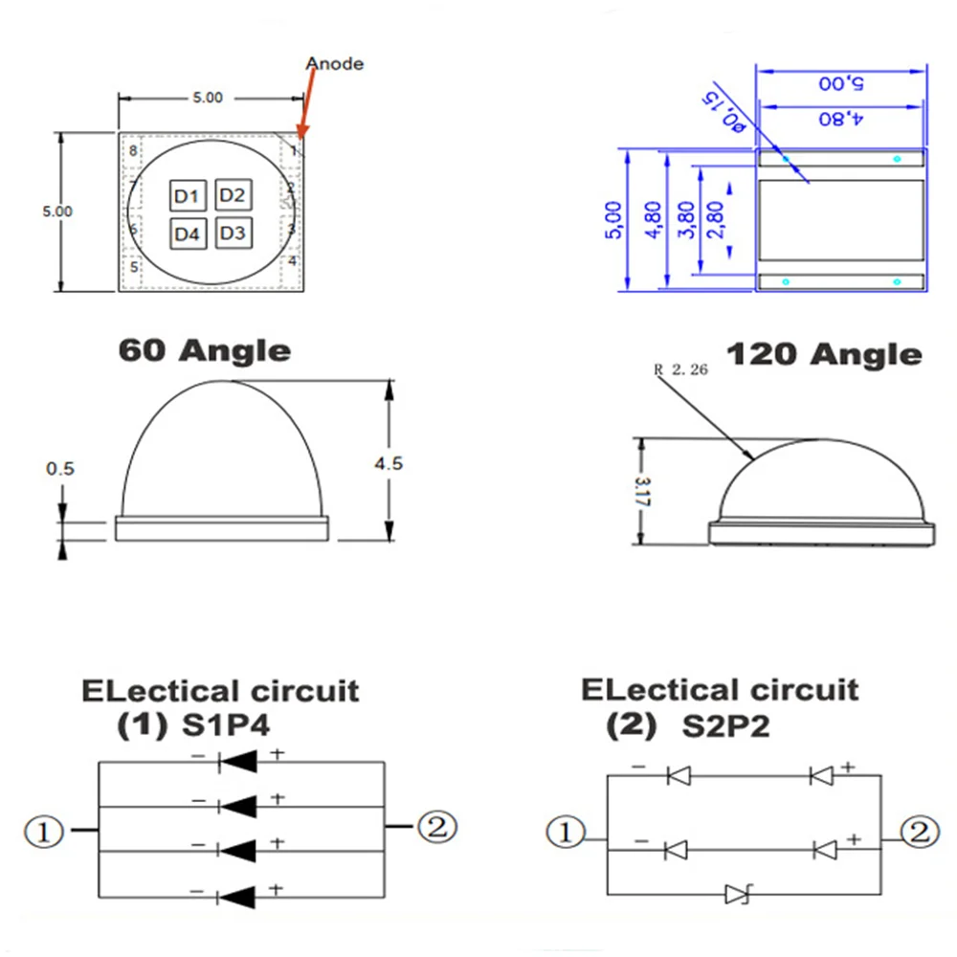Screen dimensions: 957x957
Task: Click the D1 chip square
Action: coord(188,197)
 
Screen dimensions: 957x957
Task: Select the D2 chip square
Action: coord(232,195)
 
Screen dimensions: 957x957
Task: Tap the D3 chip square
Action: coord(232,233)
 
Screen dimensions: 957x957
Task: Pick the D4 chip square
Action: coord(188,234)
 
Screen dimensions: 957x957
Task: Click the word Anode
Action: coord(334,64)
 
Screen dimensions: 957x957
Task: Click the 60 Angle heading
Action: coord(204,350)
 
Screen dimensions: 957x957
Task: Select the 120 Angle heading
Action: coord(824,355)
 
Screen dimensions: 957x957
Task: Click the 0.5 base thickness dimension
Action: coord(59,469)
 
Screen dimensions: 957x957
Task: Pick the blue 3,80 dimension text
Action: coord(685,220)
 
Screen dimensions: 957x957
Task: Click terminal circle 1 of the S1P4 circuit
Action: coord(44,831)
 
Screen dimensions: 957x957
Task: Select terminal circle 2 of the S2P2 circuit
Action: coord(917,832)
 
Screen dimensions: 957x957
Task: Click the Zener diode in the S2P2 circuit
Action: coord(737,895)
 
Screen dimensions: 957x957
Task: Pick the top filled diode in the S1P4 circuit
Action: coord(238,763)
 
